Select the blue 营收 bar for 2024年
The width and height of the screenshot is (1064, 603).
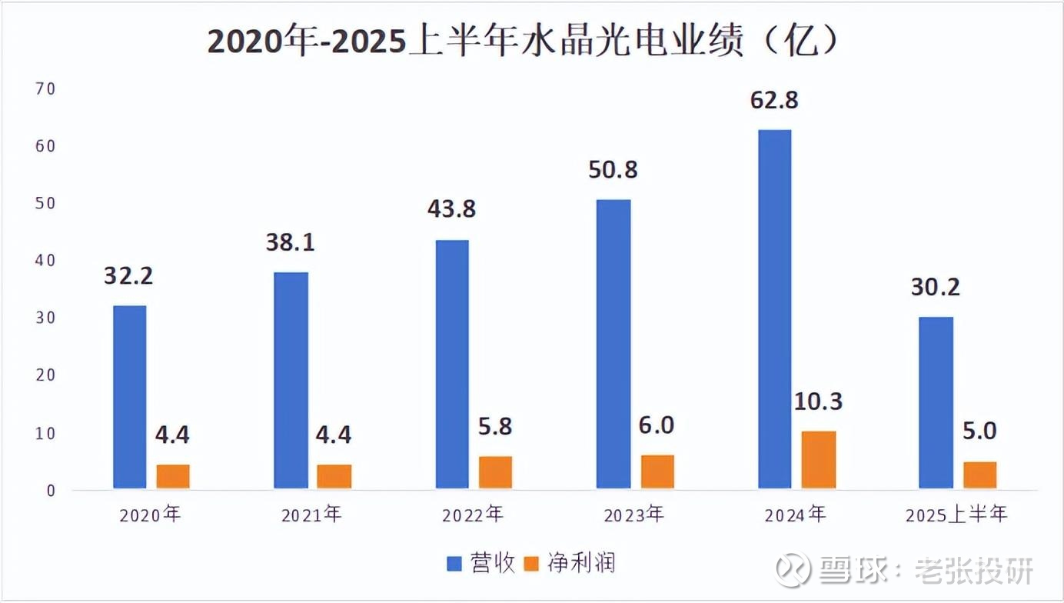[774, 308]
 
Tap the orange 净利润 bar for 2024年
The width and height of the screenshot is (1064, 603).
[819, 459]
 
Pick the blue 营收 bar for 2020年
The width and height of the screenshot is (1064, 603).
[129, 396]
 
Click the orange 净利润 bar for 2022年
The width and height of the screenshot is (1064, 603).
[495, 471]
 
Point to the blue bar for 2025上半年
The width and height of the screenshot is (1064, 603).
[936, 402]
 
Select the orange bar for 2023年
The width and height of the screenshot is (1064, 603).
[657, 471]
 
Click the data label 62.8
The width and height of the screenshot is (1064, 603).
[774, 100]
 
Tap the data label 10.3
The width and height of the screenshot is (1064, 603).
[818, 401]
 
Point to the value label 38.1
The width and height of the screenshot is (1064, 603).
[291, 243]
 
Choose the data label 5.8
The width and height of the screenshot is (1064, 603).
[495, 427]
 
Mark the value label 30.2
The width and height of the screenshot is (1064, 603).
[936, 288]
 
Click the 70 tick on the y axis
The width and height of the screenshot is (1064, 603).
[45, 88]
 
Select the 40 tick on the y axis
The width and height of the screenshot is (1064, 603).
[45, 261]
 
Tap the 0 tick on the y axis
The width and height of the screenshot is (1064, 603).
[50, 490]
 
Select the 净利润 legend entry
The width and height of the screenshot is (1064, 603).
[569, 564]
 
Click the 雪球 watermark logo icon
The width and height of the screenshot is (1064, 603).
[793, 569]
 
